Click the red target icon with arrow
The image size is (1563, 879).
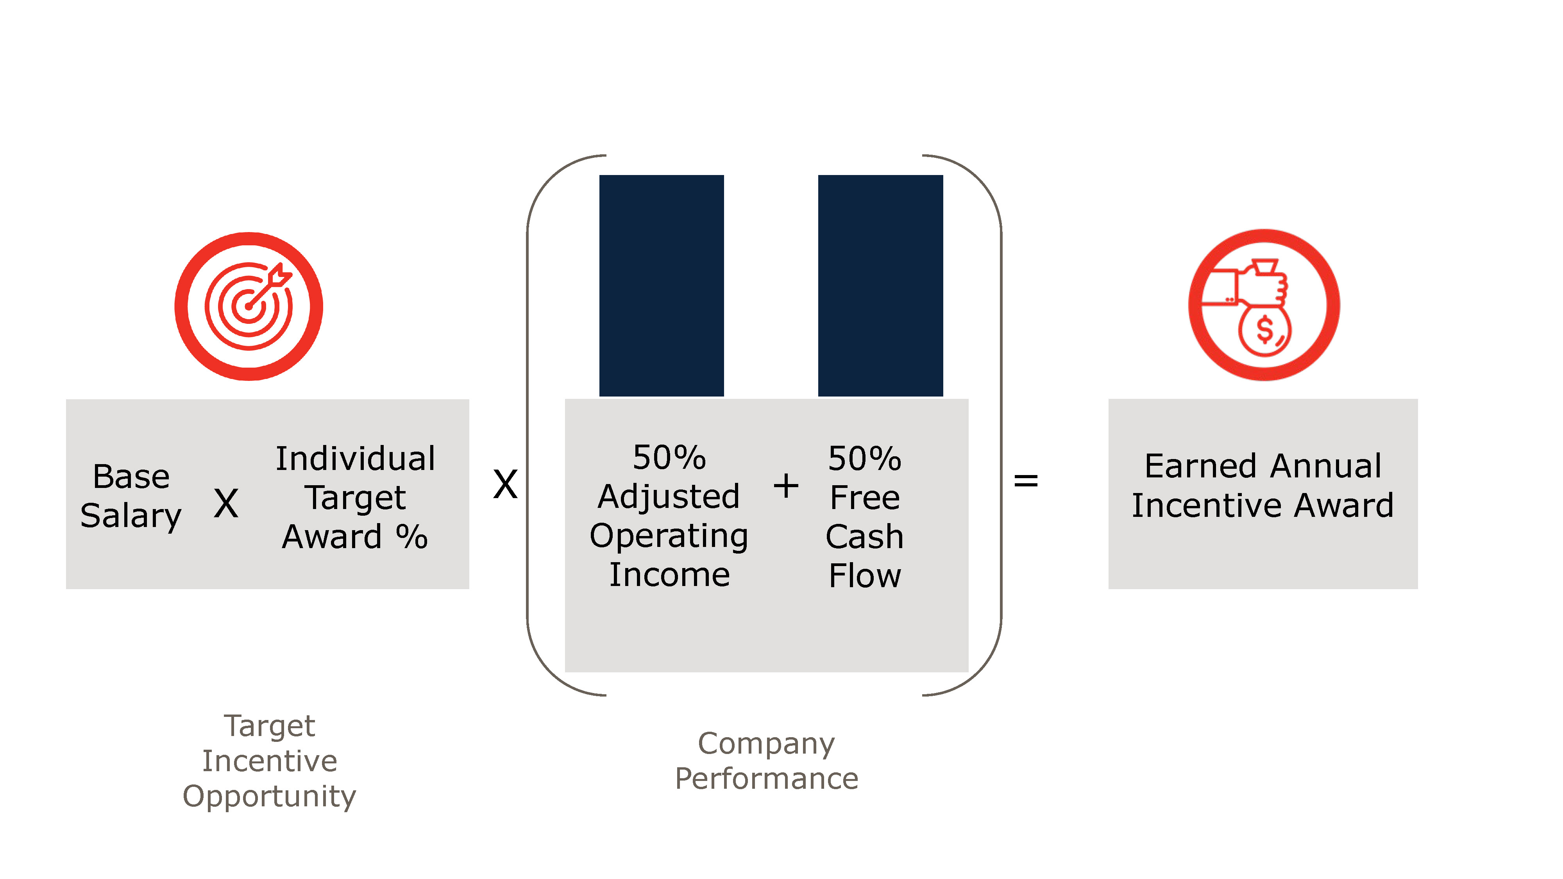pos(249,306)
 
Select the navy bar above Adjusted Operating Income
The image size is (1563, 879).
pos(662,285)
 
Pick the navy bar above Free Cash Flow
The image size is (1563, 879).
pos(880,285)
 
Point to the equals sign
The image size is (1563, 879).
pos(1025,481)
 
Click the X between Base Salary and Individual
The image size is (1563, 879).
pos(226,504)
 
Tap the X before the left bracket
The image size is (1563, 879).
pos(505,484)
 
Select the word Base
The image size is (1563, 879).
pos(131,476)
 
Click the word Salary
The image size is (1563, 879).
pos(131,516)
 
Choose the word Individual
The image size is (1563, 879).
pos(356,459)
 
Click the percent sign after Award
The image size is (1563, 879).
pos(412,536)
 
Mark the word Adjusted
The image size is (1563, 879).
pos(669,496)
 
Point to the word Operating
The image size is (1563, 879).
pos(669,536)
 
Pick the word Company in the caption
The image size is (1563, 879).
pos(766,744)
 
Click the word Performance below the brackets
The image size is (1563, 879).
pos(766,779)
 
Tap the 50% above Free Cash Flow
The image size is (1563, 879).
pos(865,459)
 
